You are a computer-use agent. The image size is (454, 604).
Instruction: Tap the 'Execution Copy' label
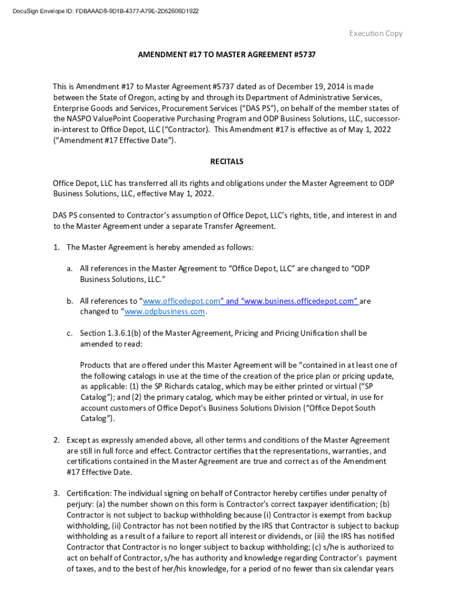376,34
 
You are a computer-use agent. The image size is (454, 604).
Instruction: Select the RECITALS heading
227,161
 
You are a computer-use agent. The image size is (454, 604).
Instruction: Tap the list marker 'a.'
70,268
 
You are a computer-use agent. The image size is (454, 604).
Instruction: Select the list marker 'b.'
70,301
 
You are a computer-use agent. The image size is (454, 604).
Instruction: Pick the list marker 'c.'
70,333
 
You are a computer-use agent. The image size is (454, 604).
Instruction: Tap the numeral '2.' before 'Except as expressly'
57,440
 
